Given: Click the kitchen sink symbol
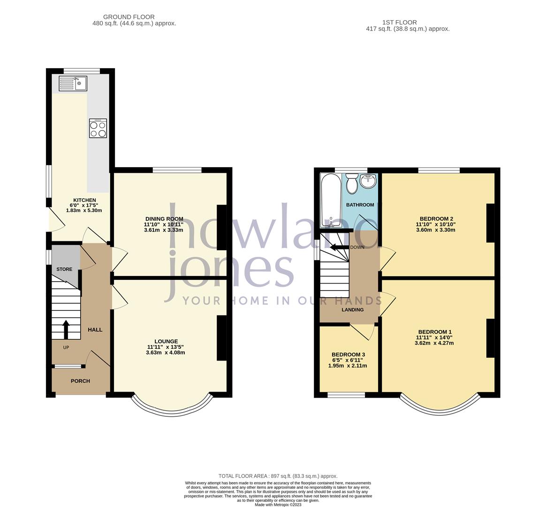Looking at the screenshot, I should point(73,84).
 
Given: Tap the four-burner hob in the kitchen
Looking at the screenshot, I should point(98,128).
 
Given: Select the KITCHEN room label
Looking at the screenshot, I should point(84,200).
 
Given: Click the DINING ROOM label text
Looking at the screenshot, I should point(164,219).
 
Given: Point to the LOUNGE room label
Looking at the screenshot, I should point(166,341).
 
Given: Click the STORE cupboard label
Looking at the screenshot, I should point(64,269).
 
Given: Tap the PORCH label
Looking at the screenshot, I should point(80,381).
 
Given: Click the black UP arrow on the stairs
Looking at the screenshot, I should point(66,329).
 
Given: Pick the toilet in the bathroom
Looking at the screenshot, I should point(352,184).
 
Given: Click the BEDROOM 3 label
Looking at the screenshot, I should point(348,354).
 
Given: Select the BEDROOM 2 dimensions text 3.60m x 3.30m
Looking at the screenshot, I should point(434,230).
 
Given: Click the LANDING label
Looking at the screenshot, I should point(352,310).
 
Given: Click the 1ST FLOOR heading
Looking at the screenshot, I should point(399,22).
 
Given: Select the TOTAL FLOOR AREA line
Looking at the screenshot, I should point(278,476).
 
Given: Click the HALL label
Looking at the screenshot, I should point(95,330).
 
